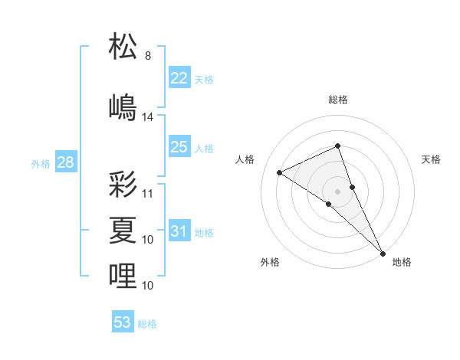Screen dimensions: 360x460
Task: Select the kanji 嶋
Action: tap(123, 107)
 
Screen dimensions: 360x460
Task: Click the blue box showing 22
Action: tap(179, 78)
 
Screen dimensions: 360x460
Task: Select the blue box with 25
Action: tap(179, 147)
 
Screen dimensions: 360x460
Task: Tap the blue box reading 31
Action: tap(179, 231)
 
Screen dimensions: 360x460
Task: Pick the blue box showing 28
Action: tap(65, 162)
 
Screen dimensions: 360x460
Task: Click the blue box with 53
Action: tap(123, 322)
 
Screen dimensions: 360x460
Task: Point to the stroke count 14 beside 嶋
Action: tap(148, 117)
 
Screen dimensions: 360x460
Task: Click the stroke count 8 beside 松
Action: tap(148, 56)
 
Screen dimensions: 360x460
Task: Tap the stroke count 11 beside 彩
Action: tap(148, 194)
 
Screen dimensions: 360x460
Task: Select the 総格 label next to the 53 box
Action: tap(147, 324)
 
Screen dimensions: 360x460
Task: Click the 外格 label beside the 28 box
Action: tap(40, 164)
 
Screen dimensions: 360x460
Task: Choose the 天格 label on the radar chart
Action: tap(431, 159)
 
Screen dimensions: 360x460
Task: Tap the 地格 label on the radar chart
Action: tap(402, 262)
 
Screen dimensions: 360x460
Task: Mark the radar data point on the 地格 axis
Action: tap(383, 252)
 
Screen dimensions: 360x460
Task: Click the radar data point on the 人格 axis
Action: tap(280, 172)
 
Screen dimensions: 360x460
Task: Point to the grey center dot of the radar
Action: tap(337, 191)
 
